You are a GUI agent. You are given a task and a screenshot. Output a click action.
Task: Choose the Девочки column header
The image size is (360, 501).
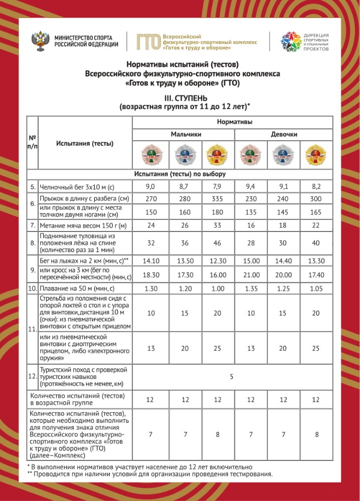(284, 134)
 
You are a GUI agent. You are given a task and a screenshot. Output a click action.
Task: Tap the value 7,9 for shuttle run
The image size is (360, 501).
(218, 186)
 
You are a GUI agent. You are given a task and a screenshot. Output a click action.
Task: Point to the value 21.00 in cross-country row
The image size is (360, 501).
(251, 275)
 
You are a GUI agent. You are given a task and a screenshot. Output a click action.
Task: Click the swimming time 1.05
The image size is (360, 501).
(317, 289)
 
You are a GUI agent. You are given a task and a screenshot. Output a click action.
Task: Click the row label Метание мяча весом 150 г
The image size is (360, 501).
(82, 225)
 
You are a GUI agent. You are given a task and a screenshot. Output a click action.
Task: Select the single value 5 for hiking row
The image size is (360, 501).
(232, 377)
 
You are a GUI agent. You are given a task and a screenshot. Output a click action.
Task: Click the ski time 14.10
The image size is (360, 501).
(150, 261)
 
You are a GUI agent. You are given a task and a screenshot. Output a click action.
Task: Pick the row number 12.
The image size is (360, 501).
(32, 377)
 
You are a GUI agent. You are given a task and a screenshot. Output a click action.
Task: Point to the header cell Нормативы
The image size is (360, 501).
(234, 122)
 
